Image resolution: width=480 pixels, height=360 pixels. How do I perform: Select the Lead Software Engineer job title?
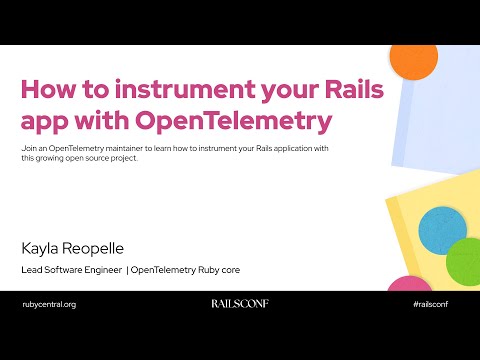point(71,270)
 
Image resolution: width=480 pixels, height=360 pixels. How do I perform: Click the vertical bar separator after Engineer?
point(128,270)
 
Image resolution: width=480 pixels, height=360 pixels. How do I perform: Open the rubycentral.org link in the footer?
point(49,303)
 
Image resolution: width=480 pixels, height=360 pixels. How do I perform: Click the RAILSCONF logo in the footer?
point(240,303)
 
